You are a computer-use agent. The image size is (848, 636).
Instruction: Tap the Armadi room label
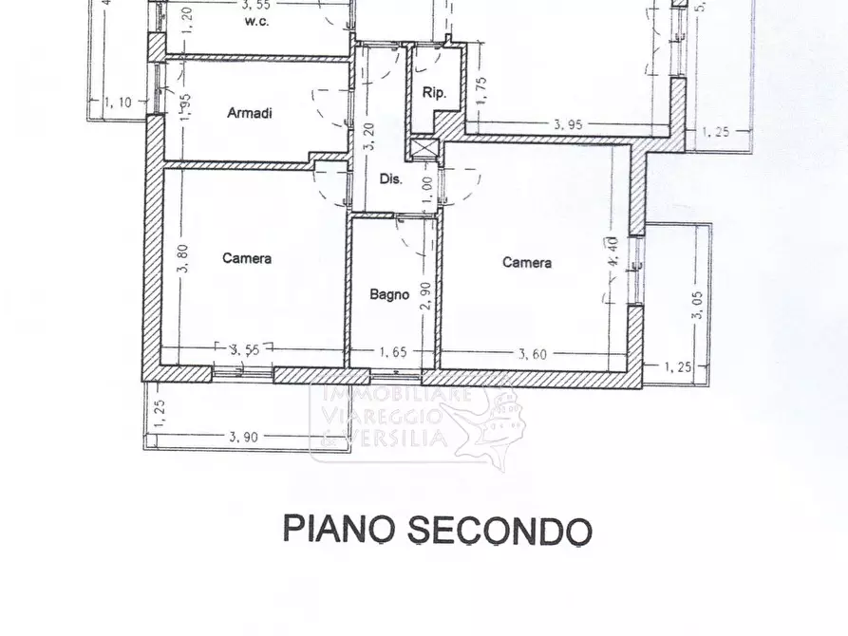(x=250, y=113)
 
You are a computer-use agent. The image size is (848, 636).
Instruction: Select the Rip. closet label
(x=434, y=93)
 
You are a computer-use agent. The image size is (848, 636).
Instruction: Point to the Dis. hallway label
(x=391, y=178)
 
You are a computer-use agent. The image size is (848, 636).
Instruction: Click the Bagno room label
(x=389, y=294)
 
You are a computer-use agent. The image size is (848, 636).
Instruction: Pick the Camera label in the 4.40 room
(x=527, y=263)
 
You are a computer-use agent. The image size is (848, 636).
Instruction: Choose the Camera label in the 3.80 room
(x=247, y=258)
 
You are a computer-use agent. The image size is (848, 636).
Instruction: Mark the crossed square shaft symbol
(x=423, y=150)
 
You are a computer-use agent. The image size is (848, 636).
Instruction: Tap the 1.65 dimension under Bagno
(x=393, y=352)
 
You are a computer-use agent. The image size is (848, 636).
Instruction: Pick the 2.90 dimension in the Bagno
(x=427, y=294)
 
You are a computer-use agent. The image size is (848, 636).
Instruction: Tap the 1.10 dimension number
(x=119, y=103)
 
